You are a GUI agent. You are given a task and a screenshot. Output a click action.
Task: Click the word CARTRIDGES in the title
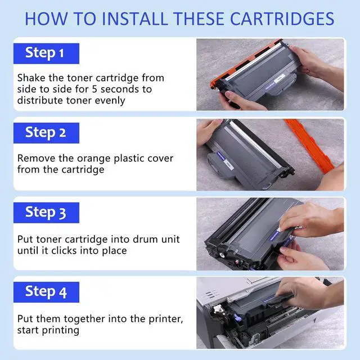click(282, 19)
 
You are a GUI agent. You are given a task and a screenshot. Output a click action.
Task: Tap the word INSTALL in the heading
click(135, 19)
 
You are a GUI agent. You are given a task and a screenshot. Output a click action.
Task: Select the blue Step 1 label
click(46, 53)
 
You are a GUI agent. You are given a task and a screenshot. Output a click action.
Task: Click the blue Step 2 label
click(46, 133)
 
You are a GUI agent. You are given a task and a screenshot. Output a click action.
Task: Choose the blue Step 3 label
click(46, 213)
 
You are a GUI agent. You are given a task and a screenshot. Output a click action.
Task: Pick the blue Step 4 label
click(46, 292)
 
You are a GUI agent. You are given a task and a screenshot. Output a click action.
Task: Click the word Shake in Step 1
click(31, 78)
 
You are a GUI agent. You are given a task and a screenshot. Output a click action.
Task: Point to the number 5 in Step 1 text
click(94, 89)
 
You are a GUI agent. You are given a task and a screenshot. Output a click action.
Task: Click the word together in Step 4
click(84, 319)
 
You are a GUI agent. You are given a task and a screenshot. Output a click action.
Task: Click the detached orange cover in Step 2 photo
click(310, 147)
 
